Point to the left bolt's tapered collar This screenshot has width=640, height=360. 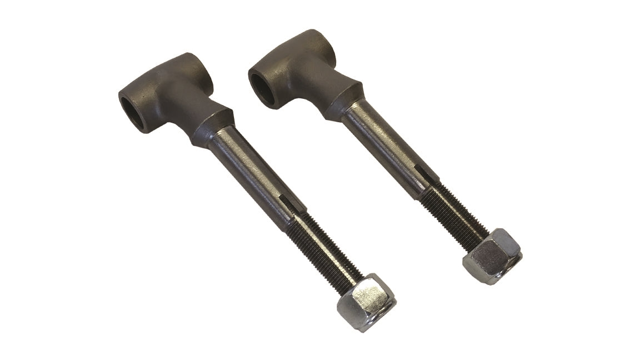click(x=213, y=126)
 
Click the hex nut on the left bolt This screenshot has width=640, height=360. click(x=367, y=301)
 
